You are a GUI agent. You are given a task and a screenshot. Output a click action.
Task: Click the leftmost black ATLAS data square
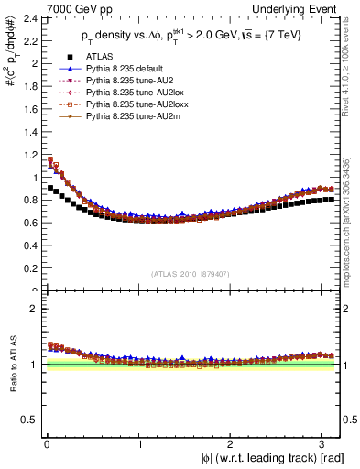[x=49, y=188]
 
